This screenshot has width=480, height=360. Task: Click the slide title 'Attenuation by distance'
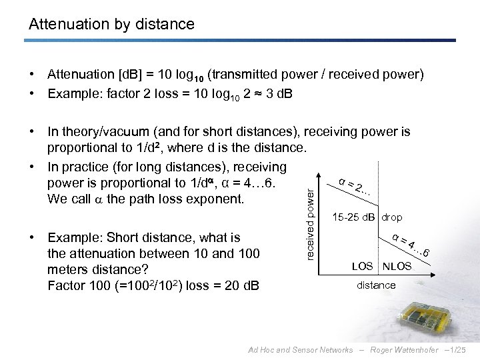[x=111, y=25]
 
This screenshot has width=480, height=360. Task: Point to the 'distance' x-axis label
[x=376, y=285]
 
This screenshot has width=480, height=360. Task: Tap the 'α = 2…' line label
[x=354, y=188]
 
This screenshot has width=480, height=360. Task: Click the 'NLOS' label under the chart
[x=397, y=267]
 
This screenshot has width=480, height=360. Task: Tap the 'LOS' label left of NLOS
[x=361, y=267]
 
